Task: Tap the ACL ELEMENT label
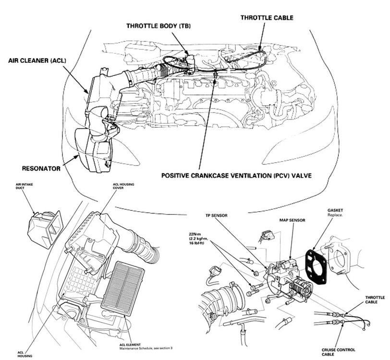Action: pos(129,344)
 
